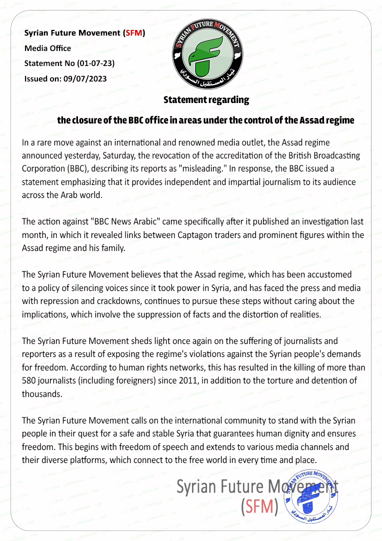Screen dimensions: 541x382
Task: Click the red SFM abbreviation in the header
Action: [x=134, y=33]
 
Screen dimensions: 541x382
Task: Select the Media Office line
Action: [x=48, y=48]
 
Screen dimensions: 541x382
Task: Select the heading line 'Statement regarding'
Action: [x=206, y=100]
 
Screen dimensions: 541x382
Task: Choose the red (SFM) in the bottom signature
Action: [x=259, y=507]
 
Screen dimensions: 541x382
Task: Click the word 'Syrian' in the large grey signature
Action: [x=198, y=486]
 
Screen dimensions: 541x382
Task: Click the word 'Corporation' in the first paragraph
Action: [x=44, y=168]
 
